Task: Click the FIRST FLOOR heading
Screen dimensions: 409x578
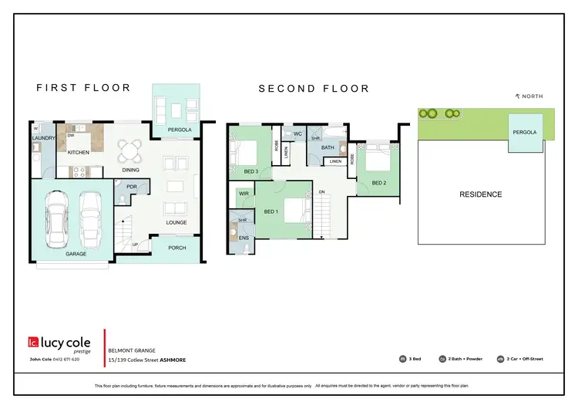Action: (84, 88)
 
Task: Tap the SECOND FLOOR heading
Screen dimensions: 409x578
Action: (314, 89)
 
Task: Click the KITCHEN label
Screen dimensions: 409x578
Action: (78, 153)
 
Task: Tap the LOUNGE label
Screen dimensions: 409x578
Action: (176, 222)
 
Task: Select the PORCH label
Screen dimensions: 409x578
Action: (177, 248)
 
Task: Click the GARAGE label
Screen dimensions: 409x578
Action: (76, 253)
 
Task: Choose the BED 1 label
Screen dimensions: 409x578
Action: (271, 211)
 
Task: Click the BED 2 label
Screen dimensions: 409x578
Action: (378, 183)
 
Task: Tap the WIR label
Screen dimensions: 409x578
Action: (243, 193)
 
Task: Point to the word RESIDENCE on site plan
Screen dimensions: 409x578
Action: (480, 194)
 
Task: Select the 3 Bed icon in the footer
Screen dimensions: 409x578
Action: (402, 359)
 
